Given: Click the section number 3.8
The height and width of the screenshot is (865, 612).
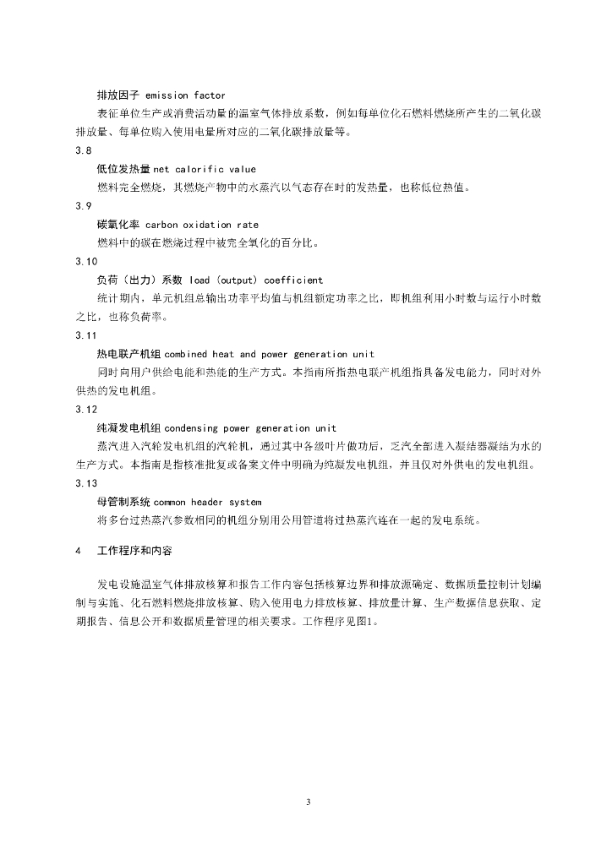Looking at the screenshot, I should pos(83,150).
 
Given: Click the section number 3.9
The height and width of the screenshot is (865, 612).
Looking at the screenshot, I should pos(83,206).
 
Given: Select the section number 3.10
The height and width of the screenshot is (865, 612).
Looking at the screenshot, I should pos(86,261).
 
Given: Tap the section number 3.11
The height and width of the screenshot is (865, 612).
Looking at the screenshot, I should pos(86,335).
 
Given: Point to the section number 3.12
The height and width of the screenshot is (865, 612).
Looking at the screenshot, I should pos(86,409).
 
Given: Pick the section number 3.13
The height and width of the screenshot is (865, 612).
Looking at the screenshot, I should pos(86,483).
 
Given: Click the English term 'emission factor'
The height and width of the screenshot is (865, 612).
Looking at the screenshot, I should pos(185,95).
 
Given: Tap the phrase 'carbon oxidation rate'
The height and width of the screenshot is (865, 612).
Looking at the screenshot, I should pos(202,225).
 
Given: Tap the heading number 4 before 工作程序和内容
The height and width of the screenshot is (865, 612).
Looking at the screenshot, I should pos(78,551).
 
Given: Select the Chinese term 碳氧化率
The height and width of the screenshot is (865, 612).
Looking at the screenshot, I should pos(118,225).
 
